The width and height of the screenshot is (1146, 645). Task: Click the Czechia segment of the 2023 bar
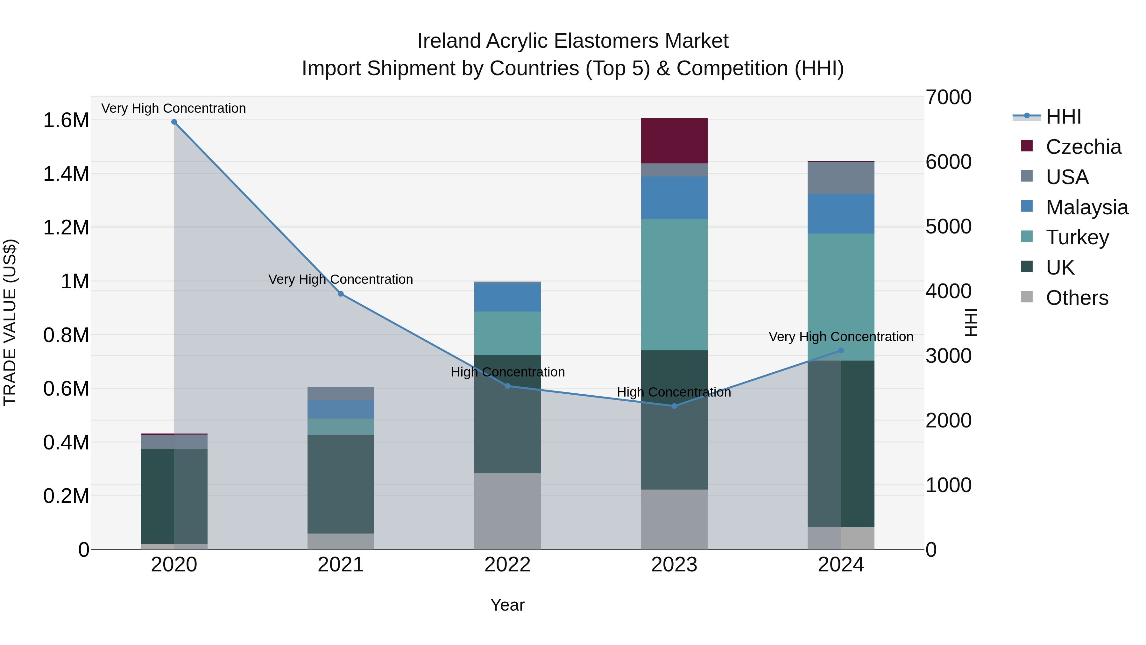674,141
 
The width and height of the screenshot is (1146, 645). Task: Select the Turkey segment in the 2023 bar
674,284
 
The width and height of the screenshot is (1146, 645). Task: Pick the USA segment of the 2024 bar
840,178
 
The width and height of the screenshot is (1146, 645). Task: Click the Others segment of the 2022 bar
507,511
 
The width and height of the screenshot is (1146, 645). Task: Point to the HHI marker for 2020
174,122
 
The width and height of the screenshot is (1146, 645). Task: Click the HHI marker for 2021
341,294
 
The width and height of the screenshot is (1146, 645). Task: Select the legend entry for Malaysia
1086,207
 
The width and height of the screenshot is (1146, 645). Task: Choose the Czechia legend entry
1083,147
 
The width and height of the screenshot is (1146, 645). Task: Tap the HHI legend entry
1063,117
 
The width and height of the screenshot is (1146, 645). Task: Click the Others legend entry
1077,298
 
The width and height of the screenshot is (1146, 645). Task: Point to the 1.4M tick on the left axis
66,174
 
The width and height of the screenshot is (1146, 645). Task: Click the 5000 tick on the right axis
949,226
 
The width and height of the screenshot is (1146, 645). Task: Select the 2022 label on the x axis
507,565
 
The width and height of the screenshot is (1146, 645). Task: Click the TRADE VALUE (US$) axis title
10,322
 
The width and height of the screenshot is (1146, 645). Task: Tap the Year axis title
507,605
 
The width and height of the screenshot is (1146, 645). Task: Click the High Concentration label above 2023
674,392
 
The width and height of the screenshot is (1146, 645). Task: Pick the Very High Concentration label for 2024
840,337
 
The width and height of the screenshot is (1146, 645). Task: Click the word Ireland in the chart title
449,41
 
